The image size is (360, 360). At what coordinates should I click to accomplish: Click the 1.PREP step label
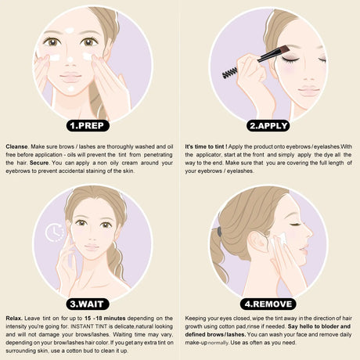point(88,126)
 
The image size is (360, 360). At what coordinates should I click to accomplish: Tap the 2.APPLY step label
point(268,126)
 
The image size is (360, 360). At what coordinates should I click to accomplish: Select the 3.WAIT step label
point(87,304)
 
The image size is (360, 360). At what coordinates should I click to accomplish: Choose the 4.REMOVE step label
point(268,304)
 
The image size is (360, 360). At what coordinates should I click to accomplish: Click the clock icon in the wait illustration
point(55,232)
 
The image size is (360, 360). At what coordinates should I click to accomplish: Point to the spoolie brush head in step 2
point(230,73)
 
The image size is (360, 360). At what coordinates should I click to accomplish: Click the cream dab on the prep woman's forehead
point(70,31)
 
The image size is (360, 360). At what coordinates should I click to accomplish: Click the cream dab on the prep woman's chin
point(71,89)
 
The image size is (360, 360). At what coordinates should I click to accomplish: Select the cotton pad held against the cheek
point(279,239)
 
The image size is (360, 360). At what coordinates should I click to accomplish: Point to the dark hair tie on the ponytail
point(219,231)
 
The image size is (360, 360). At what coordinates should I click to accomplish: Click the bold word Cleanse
point(16,146)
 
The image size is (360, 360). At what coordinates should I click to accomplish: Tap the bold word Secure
point(39,163)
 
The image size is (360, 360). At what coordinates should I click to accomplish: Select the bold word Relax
point(14,319)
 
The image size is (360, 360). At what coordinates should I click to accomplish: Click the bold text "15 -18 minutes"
point(105,319)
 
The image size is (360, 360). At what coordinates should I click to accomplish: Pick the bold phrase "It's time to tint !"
point(206,146)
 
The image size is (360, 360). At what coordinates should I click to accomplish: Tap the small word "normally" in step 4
point(218,343)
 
